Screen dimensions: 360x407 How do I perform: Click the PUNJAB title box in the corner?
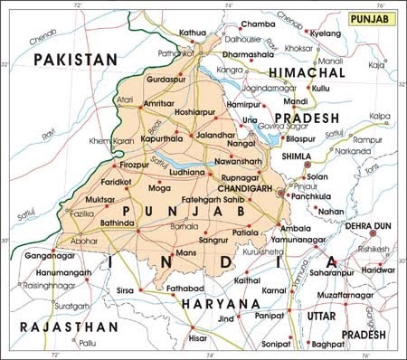pyautogui.click(x=370, y=18)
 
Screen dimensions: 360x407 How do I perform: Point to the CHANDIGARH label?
pyautogui.click(x=250, y=190)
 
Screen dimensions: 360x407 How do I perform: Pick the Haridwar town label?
pyautogui.click(x=380, y=269)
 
